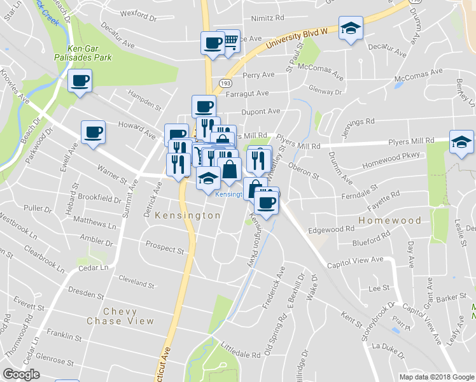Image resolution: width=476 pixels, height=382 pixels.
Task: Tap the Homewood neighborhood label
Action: (390, 220)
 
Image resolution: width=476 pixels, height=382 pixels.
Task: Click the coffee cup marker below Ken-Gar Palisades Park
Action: (80, 81)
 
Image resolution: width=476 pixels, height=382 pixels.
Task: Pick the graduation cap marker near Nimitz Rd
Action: (350, 29)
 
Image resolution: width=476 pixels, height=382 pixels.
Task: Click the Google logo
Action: (21, 374)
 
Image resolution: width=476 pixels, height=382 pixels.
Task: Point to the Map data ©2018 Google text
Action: (437, 377)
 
